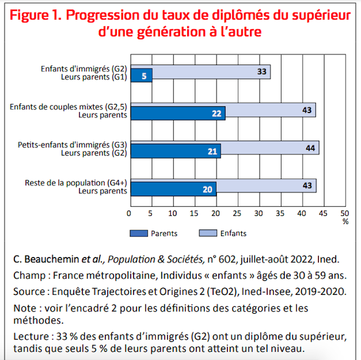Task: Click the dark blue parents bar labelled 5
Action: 141,76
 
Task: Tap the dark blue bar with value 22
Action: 178,113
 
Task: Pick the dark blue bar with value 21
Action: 175,151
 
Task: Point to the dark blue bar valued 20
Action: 173,190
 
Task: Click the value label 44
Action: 310,148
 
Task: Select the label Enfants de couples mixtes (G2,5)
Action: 69,106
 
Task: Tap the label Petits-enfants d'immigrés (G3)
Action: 72,145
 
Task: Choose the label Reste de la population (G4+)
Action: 76,183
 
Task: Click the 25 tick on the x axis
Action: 237,213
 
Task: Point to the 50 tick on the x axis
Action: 345,213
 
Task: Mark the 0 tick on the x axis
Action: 129,213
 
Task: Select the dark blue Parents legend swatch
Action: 138,234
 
